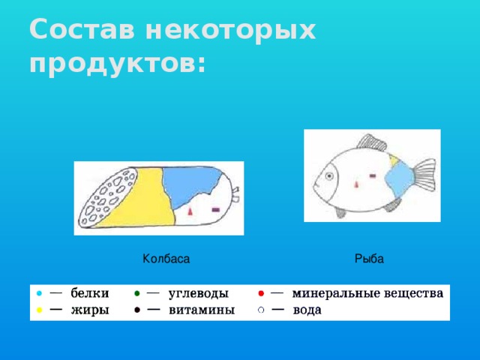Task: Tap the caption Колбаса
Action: point(166,259)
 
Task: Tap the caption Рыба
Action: point(369,259)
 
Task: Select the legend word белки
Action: point(89,293)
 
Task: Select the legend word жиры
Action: point(89,310)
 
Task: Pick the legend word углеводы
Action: point(198,293)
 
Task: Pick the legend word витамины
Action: point(201,310)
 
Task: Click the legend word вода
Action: point(307,310)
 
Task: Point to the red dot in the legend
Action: point(259,293)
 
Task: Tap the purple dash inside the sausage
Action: point(216,209)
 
